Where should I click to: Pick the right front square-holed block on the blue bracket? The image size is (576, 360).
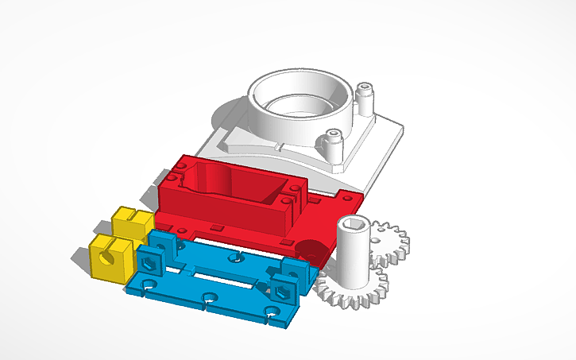283,287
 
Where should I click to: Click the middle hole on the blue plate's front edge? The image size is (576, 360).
209,300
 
